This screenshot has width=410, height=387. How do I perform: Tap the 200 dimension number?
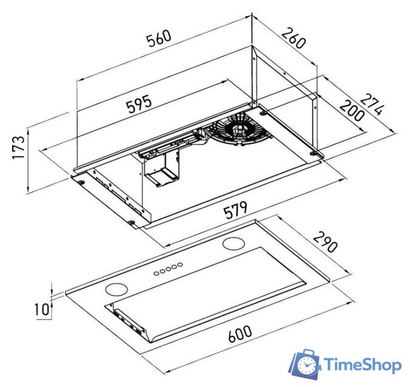(351, 112)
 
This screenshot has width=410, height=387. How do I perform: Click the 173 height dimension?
(19, 147)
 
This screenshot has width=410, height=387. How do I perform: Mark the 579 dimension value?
(234, 211)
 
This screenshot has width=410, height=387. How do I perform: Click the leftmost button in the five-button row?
(156, 273)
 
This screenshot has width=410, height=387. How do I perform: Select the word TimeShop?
(362, 365)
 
